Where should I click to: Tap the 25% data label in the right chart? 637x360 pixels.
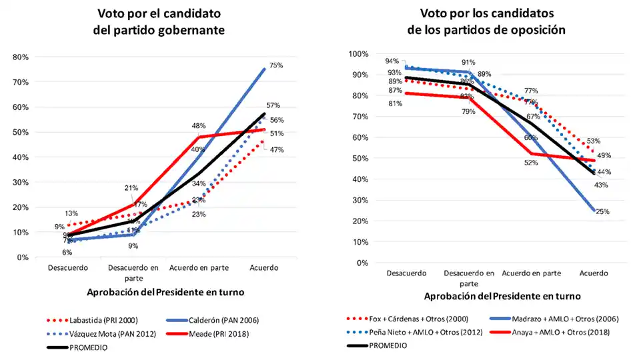pos(602,211)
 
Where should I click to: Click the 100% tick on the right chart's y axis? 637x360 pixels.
pos(358,54)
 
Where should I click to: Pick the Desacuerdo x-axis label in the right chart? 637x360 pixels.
pos(406,273)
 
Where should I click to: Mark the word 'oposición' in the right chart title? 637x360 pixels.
pos(541,29)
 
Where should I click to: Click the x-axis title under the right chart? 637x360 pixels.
pos(502,297)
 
